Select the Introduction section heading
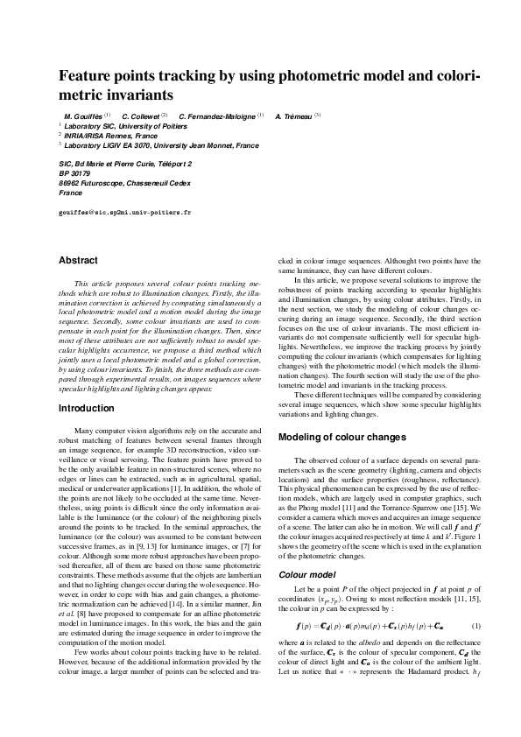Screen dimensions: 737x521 (86, 408)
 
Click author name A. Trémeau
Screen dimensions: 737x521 (294, 116)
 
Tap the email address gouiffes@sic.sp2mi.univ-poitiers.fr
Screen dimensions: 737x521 (124, 212)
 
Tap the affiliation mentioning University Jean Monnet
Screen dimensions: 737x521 (158, 145)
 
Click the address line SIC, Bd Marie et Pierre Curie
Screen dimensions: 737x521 (124, 164)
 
